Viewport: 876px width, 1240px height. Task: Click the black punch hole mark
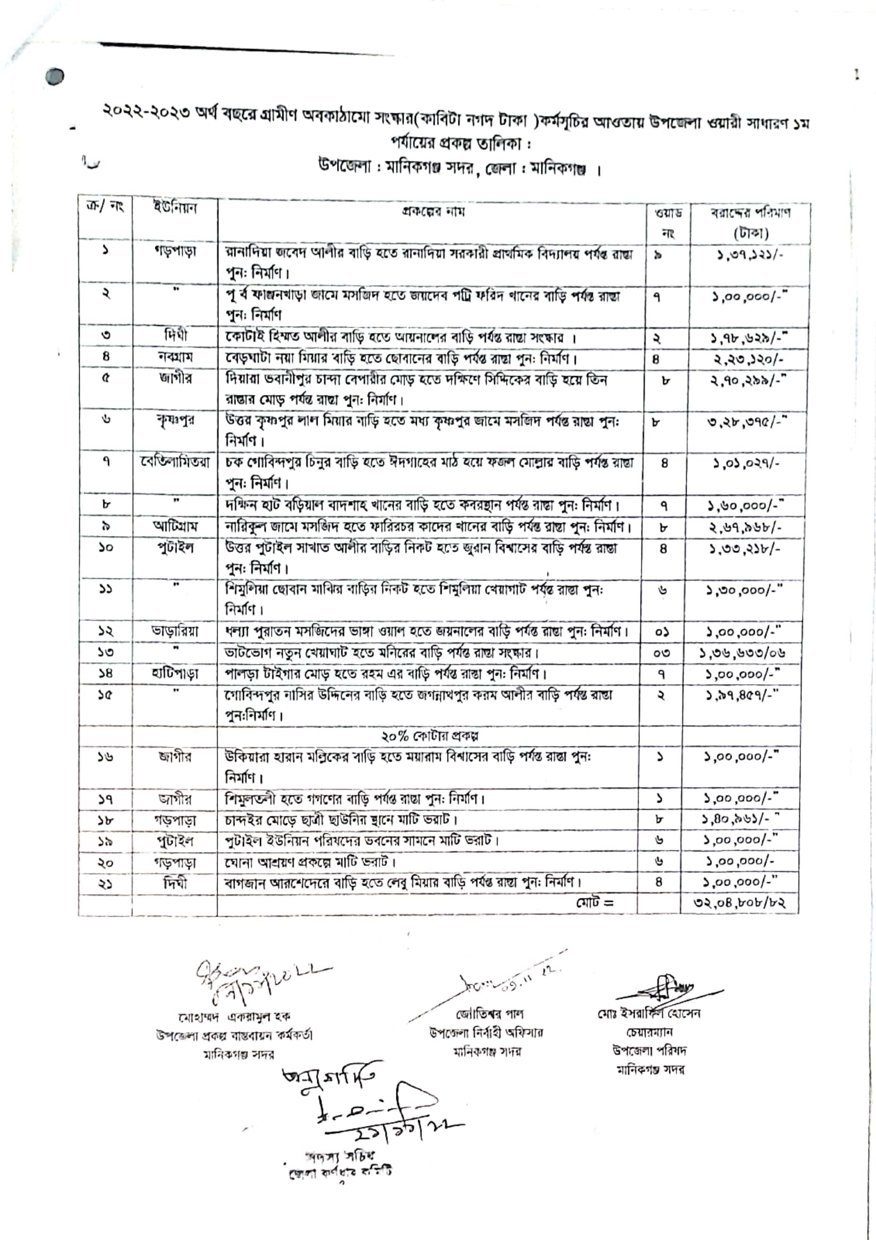55,77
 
